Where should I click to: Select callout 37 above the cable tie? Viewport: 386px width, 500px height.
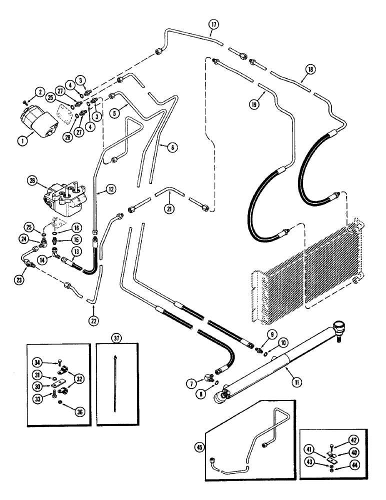116,338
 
